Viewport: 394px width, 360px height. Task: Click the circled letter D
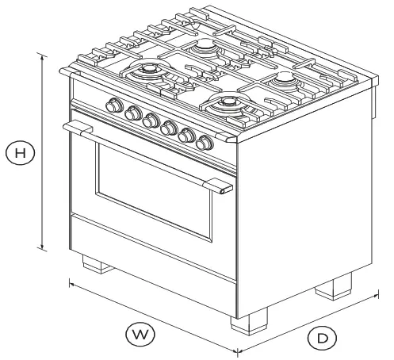pos(322,339)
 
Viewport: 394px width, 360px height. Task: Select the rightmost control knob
pos(205,143)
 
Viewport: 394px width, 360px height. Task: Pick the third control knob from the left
pos(151,120)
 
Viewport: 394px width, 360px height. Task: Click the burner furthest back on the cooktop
pos(205,48)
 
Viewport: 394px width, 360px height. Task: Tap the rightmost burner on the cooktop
pos(283,80)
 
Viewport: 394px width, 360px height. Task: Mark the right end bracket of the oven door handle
pos(221,187)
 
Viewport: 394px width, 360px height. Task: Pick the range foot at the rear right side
pos(334,286)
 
